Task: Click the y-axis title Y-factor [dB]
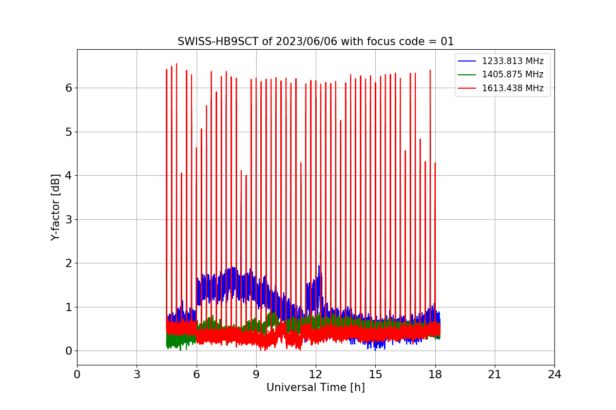55,208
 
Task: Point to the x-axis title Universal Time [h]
316,387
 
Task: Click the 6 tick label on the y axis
68,88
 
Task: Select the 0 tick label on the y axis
68,351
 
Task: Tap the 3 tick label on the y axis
68,219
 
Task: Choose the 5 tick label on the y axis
68,132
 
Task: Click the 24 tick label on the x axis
554,375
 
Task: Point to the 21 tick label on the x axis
495,375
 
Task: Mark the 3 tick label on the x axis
137,375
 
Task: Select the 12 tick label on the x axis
316,375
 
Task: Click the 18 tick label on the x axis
435,375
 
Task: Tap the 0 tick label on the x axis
78,375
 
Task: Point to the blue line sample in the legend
467,61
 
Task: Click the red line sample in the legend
467,88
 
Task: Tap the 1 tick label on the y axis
68,307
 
